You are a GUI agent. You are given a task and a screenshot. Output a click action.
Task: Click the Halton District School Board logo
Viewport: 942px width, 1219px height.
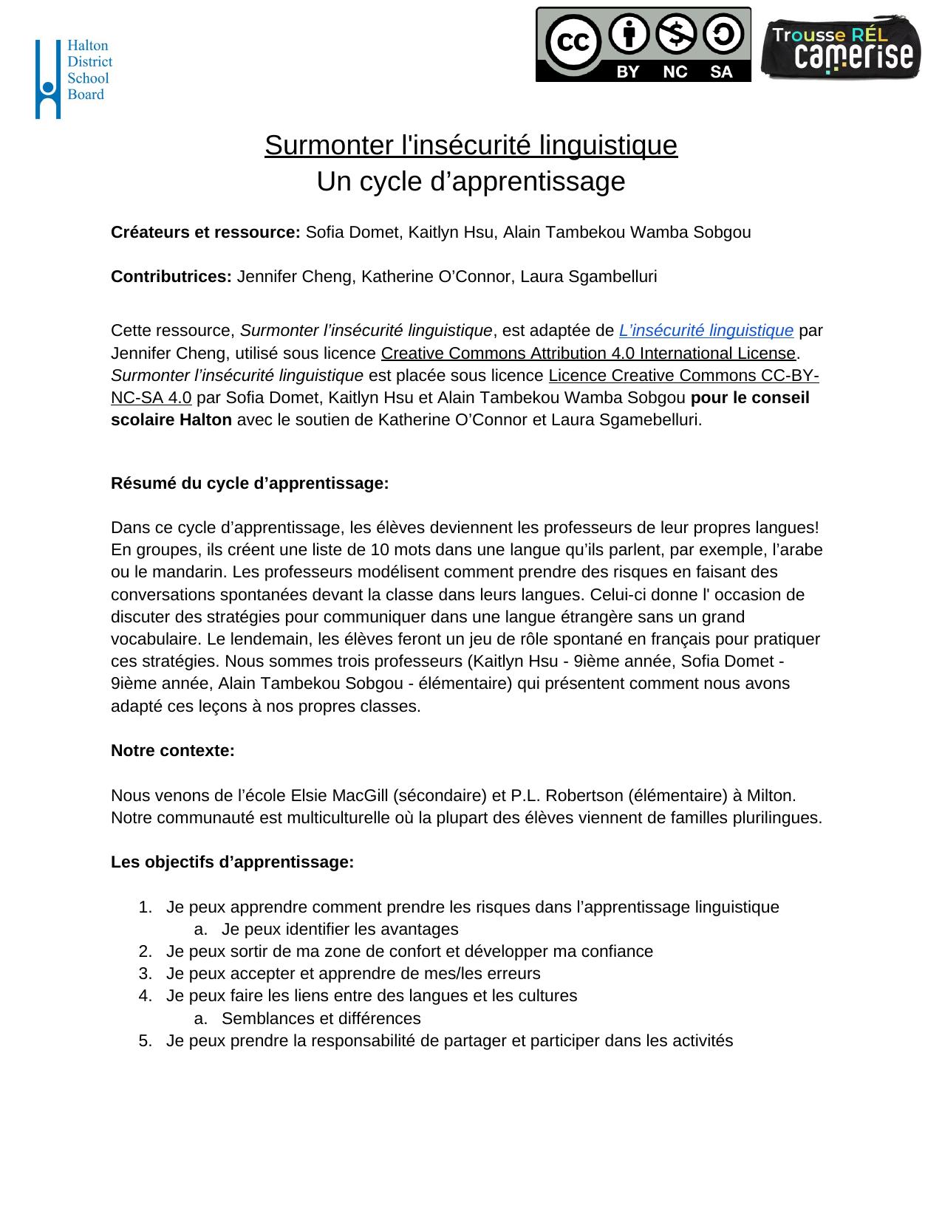(x=73, y=78)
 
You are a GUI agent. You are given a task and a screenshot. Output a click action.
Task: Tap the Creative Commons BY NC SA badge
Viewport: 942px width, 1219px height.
(x=643, y=44)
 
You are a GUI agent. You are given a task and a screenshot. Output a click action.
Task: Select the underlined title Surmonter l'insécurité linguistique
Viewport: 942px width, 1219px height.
(x=471, y=145)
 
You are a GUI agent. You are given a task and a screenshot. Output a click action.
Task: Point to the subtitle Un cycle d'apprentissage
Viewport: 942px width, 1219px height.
(x=471, y=182)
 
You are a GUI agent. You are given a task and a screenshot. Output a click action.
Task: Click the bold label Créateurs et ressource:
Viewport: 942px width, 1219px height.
(x=205, y=233)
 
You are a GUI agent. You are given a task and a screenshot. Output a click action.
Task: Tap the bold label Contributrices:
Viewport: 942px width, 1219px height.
(x=171, y=277)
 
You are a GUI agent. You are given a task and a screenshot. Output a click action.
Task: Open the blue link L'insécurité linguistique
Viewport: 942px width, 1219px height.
(x=706, y=331)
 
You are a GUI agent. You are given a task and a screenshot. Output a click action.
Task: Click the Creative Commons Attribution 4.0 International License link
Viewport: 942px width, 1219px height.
(x=588, y=354)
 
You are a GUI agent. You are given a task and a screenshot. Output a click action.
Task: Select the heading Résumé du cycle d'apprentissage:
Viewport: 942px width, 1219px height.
(x=250, y=484)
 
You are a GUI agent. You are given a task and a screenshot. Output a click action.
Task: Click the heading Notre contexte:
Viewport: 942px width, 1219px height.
(x=173, y=751)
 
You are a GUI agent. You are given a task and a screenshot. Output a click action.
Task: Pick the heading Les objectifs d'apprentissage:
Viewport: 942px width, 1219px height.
(x=232, y=862)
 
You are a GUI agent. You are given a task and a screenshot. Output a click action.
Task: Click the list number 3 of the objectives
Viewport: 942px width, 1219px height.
(x=145, y=974)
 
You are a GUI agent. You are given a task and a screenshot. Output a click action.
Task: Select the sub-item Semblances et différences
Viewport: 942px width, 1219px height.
(x=321, y=1019)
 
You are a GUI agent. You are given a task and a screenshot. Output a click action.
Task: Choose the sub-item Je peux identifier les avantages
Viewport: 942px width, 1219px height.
(x=340, y=930)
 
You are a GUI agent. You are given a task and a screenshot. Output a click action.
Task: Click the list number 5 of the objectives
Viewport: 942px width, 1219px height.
(x=145, y=1041)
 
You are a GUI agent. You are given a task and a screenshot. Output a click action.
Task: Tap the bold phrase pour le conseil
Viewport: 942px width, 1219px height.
(x=749, y=398)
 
